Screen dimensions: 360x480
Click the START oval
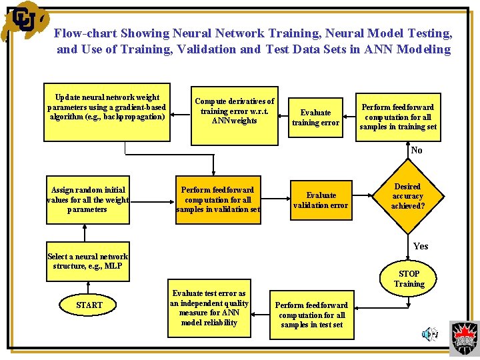89,305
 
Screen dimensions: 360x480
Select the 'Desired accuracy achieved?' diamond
407,196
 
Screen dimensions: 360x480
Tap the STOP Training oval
409,279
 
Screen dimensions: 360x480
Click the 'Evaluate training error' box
315,117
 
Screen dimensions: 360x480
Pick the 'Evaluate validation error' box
321,200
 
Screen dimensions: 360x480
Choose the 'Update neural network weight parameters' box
107,112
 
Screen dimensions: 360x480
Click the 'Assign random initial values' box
87,199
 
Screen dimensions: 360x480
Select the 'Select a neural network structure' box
88,261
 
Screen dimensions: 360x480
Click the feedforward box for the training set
397,117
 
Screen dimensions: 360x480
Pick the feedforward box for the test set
312,315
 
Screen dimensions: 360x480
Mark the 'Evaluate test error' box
209,308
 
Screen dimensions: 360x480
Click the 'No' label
417,151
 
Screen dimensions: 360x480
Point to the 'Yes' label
421,246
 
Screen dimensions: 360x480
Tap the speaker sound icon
431,333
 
